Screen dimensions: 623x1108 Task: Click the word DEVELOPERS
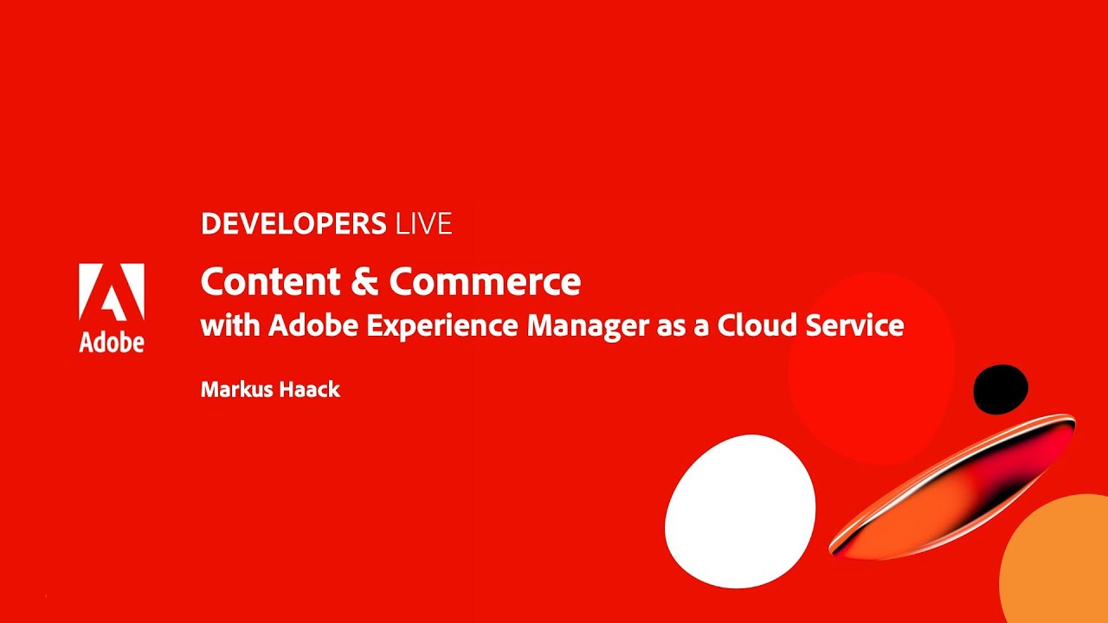pyautogui.click(x=293, y=224)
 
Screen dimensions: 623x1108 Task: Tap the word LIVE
pyautogui.click(x=423, y=224)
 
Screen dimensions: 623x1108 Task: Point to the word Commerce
pyautogui.click(x=485, y=282)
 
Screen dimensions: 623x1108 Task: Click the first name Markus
pyautogui.click(x=235, y=389)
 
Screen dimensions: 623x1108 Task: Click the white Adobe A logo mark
pyautogui.click(x=112, y=292)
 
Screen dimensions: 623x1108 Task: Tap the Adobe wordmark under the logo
pyautogui.click(x=112, y=342)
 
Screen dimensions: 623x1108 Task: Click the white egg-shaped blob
pyautogui.click(x=740, y=510)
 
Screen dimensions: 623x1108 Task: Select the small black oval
pyautogui.click(x=1001, y=389)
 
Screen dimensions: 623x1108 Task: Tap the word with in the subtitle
pyautogui.click(x=229, y=326)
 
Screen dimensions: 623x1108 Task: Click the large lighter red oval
pyautogui.click(x=870, y=363)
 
